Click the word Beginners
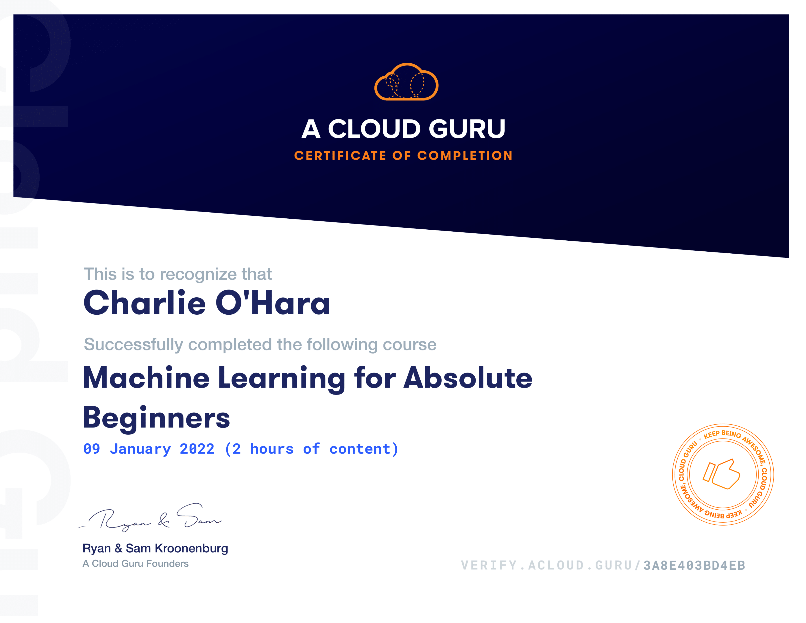[156, 418]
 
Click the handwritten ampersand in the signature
[163, 520]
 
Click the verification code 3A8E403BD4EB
[694, 565]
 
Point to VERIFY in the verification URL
[489, 565]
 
